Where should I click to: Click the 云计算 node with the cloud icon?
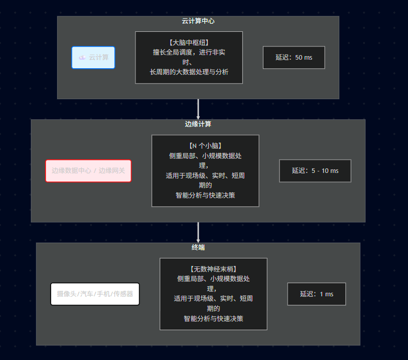click(93, 58)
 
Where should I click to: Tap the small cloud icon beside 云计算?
click(82, 58)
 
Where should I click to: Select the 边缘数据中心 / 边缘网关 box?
click(88, 171)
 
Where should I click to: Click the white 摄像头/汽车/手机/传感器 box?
click(95, 294)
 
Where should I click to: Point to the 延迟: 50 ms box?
click(294, 58)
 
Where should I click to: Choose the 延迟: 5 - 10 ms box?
click(315, 171)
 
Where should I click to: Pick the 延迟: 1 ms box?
click(316, 294)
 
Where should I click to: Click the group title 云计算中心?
click(198, 21)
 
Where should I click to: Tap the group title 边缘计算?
click(198, 124)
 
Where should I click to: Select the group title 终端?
click(198, 248)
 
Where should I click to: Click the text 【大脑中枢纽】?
click(189, 42)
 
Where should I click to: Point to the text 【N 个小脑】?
click(205, 146)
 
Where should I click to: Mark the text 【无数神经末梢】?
click(213, 269)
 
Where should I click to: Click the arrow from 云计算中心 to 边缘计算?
click(198, 109)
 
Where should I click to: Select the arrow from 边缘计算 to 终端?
click(198, 233)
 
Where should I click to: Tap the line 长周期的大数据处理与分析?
click(189, 72)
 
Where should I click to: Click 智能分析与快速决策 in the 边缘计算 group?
click(205, 195)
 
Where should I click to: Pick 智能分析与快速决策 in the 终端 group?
click(213, 319)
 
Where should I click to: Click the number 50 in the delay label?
click(299, 58)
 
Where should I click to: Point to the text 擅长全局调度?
click(171, 52)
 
